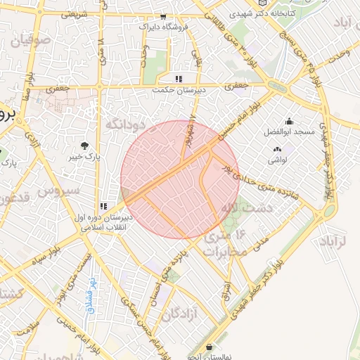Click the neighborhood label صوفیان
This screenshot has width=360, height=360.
pyautogui.click(x=30, y=40)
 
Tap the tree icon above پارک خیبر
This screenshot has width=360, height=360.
pyautogui.click(x=85, y=146)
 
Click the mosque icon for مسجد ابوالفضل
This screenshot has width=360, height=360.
pyautogui.click(x=288, y=121)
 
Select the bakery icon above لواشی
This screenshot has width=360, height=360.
pyautogui.click(x=276, y=149)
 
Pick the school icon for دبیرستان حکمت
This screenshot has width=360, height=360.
pyautogui.click(x=179, y=79)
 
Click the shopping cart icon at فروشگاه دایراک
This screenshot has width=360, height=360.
pyautogui.click(x=163, y=16)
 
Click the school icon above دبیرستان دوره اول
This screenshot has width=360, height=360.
pyautogui.click(x=103, y=206)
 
